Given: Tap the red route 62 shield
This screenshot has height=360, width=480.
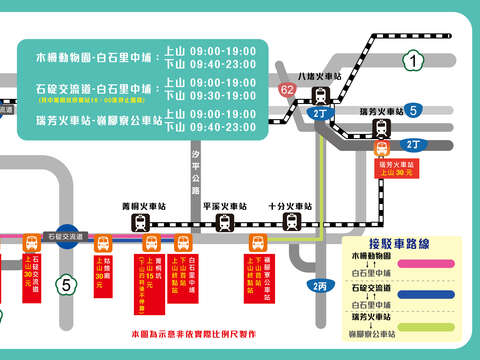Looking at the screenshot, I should (x=288, y=90).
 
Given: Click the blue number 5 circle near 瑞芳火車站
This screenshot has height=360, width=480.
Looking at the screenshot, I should (x=412, y=111).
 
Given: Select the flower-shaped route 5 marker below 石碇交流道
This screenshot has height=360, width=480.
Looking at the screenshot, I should (x=67, y=284).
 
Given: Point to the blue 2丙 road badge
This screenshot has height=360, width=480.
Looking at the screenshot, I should (x=319, y=286).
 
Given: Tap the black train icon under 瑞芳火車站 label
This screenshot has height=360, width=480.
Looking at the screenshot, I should (x=381, y=127).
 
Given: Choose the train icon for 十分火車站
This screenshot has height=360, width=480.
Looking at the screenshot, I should (x=291, y=221).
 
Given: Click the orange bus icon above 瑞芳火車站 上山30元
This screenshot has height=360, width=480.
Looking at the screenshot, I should (x=381, y=149).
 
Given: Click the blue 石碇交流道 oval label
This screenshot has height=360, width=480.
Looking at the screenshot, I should (x=67, y=237).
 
